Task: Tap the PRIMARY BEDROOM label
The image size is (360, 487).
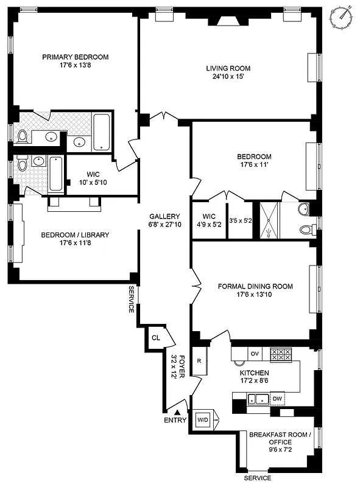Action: [75, 57]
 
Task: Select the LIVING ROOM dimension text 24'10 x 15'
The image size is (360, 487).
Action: [228, 77]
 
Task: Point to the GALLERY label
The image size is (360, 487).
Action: [165, 217]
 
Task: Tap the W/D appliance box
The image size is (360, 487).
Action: [202, 419]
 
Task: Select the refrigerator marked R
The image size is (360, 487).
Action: [199, 361]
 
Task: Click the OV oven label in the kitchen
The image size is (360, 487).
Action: [255, 352]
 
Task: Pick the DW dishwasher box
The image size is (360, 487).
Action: [277, 399]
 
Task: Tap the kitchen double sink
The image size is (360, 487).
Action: [259, 399]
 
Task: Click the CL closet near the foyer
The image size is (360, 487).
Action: [155, 337]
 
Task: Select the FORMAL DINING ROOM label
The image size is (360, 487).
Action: [255, 286]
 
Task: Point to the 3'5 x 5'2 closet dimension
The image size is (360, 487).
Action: [240, 220]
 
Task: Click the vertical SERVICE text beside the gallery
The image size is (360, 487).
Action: [131, 300]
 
